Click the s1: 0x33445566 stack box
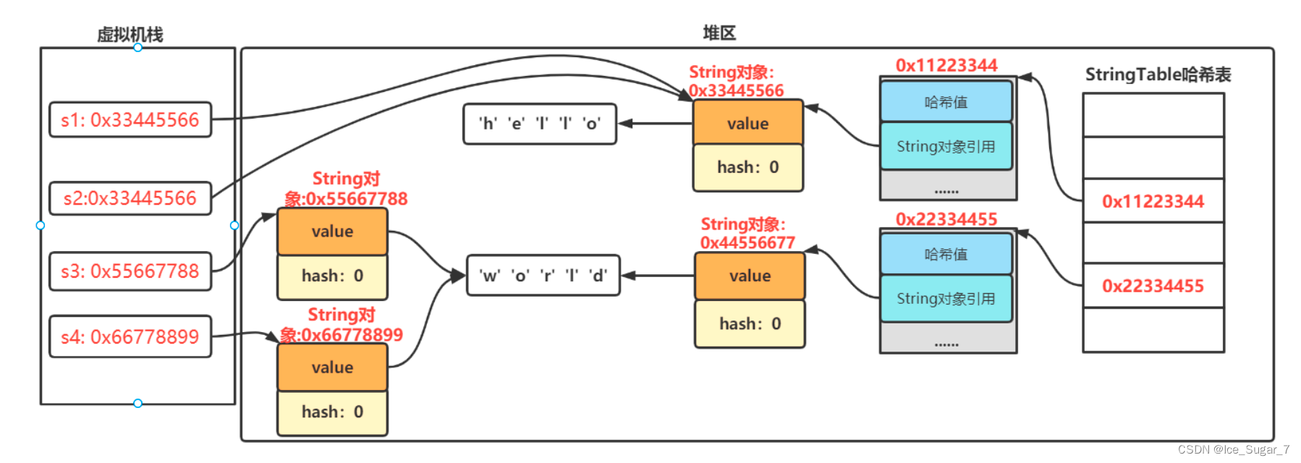130,120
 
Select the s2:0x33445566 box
130,198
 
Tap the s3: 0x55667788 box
130,271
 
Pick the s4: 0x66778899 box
130,336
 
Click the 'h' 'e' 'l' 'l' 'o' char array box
540,124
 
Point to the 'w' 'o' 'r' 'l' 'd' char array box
543,276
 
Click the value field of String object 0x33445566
747,123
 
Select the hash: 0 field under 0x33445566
747,167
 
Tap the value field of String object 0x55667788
332,231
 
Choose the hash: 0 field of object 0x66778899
332,412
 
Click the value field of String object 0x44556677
750,276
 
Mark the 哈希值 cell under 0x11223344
946,102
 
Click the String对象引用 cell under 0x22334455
946,299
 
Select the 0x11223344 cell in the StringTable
1153,201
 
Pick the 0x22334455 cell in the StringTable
1153,286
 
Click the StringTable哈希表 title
1158,75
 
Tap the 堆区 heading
719,33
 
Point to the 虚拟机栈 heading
130,34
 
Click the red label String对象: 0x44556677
747,234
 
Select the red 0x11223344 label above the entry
946,65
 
